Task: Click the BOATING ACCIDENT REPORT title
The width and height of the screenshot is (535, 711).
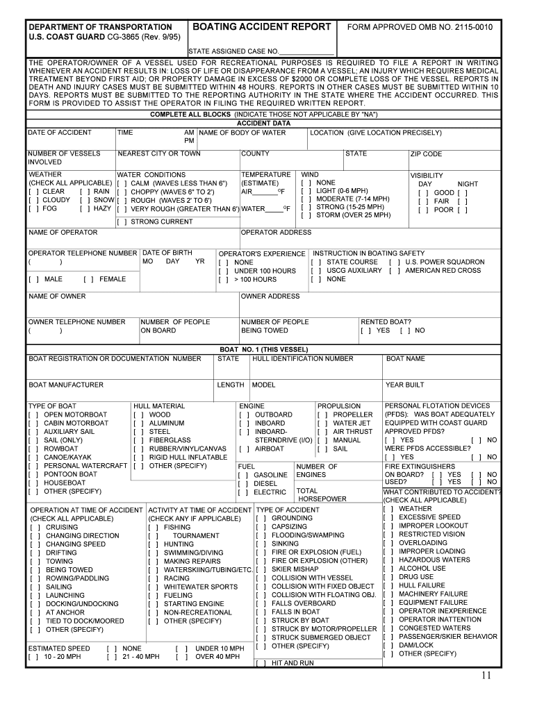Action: [261, 27]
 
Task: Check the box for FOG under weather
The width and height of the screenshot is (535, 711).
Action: [33, 208]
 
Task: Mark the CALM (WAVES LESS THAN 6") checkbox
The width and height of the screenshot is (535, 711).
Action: [122, 183]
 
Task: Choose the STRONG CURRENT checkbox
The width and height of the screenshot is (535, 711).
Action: [122, 222]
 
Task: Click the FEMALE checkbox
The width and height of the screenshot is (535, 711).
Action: [88, 279]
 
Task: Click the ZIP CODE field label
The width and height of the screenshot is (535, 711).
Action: [426, 154]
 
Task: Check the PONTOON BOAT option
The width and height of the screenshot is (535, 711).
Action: [33, 474]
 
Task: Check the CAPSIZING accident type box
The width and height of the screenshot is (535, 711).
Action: [261, 527]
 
